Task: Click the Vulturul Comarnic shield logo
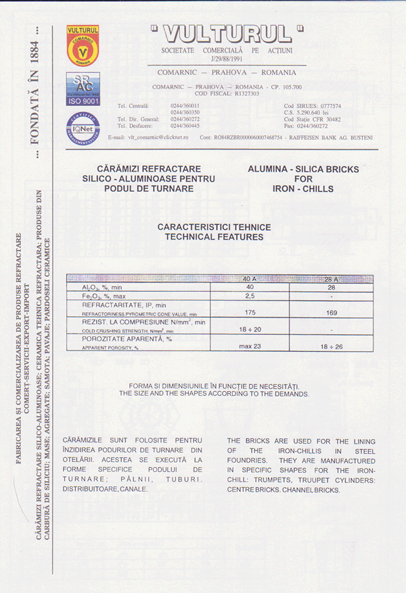click(83, 45)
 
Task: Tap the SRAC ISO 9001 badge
click(83, 88)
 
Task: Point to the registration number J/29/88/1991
click(227, 59)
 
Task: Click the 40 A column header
click(249, 279)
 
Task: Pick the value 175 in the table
click(249, 313)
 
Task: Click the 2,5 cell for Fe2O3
click(249, 296)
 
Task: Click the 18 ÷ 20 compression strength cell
click(249, 329)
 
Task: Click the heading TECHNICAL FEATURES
click(214, 238)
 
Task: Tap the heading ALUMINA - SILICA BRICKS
click(294, 168)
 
